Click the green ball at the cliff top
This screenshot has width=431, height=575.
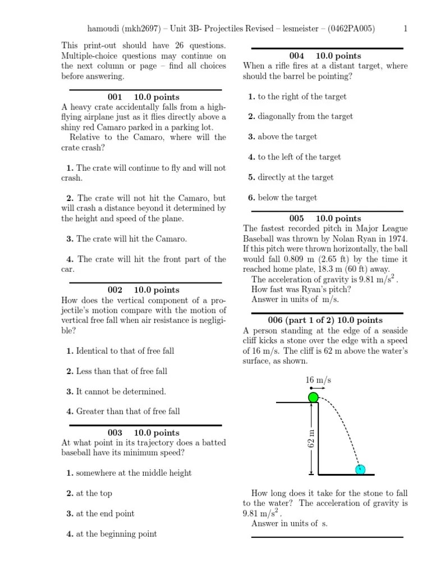click(x=313, y=398)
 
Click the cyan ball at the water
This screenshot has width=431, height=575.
click(x=360, y=469)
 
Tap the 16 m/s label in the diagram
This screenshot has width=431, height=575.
click(x=318, y=380)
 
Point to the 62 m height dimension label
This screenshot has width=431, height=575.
click(x=312, y=438)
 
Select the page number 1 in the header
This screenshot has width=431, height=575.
click(x=405, y=29)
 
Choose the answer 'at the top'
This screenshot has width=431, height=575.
click(x=94, y=494)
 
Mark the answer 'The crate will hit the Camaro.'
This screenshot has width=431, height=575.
click(x=131, y=239)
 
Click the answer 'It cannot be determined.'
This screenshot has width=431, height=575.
click(x=121, y=391)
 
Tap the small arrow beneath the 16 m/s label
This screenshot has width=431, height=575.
click(x=318, y=389)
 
